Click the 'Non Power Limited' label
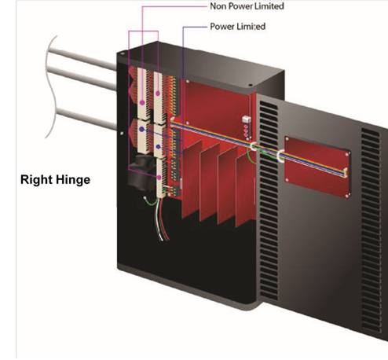(x=247, y=6)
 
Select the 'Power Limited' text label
(x=238, y=27)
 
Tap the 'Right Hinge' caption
(x=55, y=180)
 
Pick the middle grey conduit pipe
(x=82, y=78)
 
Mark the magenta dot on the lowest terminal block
(x=159, y=178)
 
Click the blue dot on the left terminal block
(x=141, y=129)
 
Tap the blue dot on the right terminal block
(x=158, y=147)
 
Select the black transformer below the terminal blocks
(x=141, y=171)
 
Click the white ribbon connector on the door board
(x=346, y=173)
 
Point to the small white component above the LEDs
(x=247, y=119)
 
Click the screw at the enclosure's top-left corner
(x=123, y=53)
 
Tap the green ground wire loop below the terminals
(x=152, y=201)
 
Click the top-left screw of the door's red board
(x=287, y=138)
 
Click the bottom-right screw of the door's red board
(x=347, y=196)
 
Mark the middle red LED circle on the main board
(x=246, y=131)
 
